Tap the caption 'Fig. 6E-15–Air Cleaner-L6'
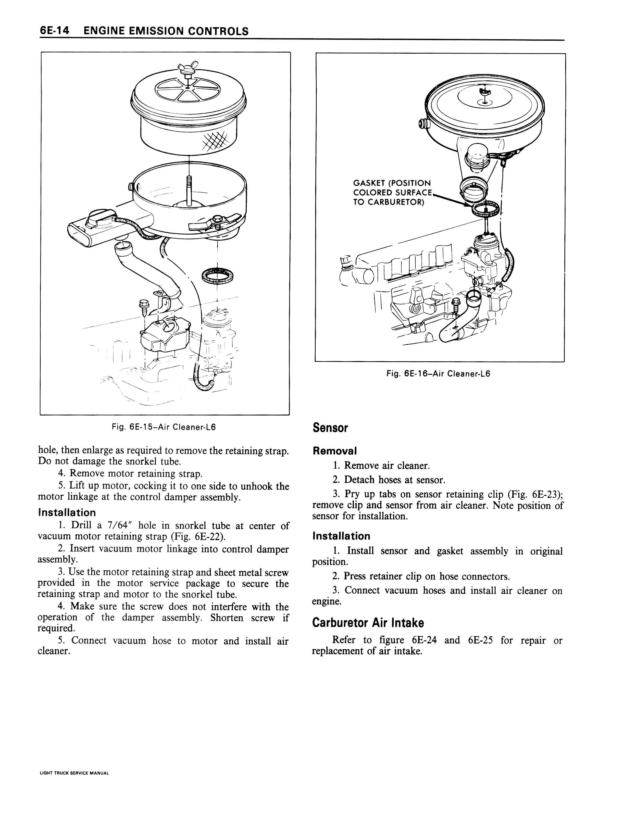[164, 427]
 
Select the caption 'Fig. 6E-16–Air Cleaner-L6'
[438, 374]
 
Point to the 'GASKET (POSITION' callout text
[392, 183]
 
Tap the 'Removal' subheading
[335, 451]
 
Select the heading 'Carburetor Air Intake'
[368, 623]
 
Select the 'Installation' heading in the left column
[67, 513]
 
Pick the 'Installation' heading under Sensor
[341, 536]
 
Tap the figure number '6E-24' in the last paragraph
[424, 640]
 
